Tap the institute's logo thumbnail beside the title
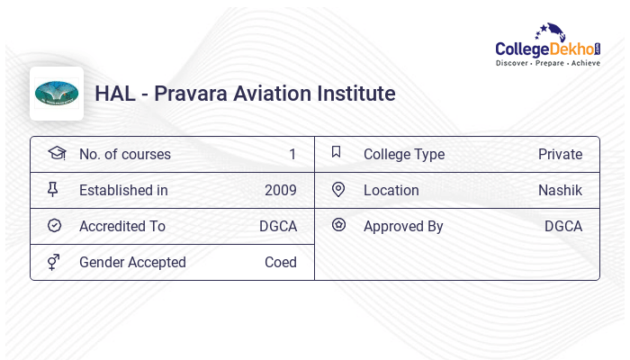pyautogui.click(x=57, y=94)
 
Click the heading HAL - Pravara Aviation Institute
pyautogui.click(x=245, y=94)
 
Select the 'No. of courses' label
pyautogui.click(x=124, y=154)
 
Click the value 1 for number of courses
pyautogui.click(x=292, y=154)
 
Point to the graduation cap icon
pyautogui.click(x=56, y=153)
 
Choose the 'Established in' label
pyautogui.click(x=123, y=190)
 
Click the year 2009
pyautogui.click(x=280, y=190)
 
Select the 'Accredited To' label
pyautogui.click(x=121, y=226)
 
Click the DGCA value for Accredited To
pyautogui.click(x=277, y=226)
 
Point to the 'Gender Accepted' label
pyautogui.click(x=132, y=262)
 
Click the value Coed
pyautogui.click(x=280, y=262)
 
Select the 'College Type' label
pyautogui.click(x=403, y=154)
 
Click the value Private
pyautogui.click(x=560, y=154)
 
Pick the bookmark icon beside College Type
pyautogui.click(x=337, y=152)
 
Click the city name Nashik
pyautogui.click(x=560, y=190)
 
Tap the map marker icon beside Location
pyautogui.click(x=338, y=189)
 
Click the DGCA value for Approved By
pyautogui.click(x=562, y=226)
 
